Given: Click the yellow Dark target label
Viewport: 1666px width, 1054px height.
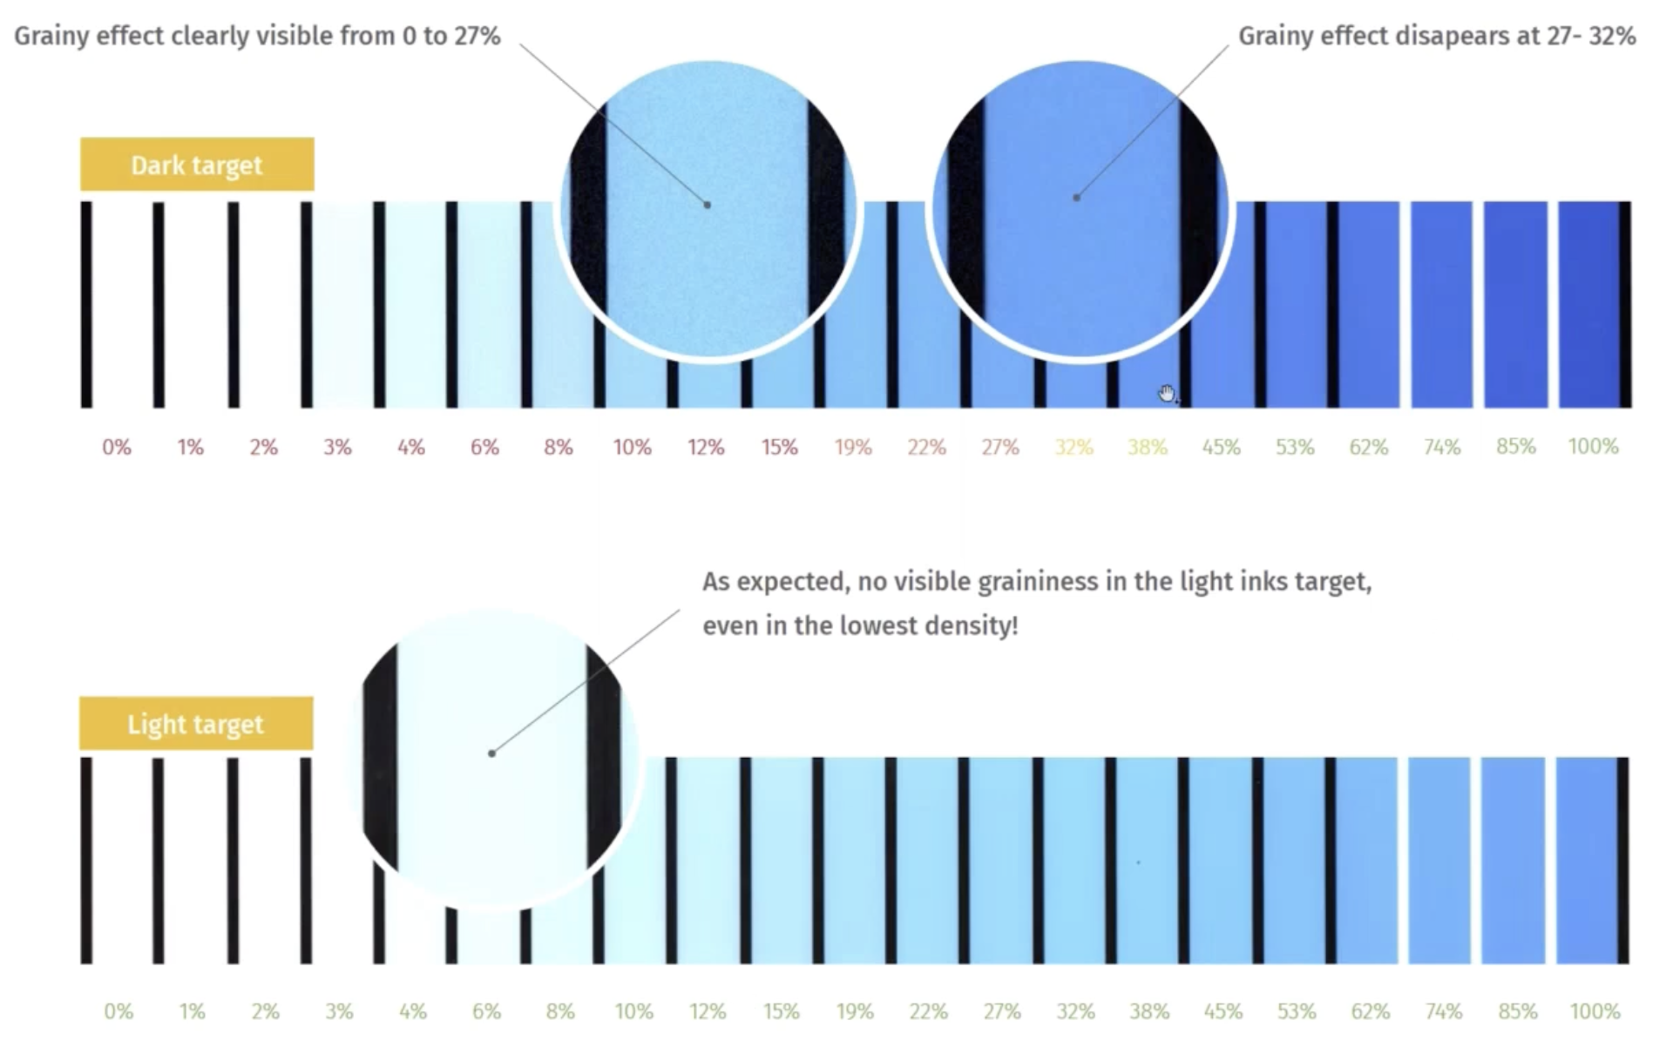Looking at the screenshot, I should coord(197,165).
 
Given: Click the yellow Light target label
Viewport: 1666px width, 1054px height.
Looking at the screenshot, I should coord(196,724).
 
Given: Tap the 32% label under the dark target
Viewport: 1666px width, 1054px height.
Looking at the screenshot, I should coord(1073,447).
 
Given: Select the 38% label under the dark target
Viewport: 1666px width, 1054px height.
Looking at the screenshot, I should coord(1147,447).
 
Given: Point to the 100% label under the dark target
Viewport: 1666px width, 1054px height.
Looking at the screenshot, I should coord(1593,447).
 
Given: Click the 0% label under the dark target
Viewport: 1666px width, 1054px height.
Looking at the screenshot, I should coord(117,447).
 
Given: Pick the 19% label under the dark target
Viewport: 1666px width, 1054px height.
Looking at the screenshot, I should coord(853,447).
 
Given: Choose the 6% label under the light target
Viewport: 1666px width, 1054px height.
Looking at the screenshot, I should coord(486,1011).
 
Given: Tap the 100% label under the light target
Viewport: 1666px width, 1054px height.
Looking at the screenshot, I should coord(1595,1011).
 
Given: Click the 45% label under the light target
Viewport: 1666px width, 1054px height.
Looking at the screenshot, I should coord(1222,1011).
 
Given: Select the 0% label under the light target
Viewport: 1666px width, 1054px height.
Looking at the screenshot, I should coord(119,1011).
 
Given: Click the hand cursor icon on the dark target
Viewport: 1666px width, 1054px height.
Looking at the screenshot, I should coord(1167,394).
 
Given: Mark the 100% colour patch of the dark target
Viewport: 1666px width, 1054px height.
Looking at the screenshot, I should coord(1589,304).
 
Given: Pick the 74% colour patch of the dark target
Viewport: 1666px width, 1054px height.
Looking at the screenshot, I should coord(1441,304).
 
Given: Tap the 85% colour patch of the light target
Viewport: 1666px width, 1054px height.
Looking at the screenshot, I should coord(1513,861).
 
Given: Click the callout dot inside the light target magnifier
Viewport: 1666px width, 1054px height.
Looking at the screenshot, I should coord(492,753).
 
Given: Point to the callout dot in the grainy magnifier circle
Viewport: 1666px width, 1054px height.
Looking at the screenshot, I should coord(708,206).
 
